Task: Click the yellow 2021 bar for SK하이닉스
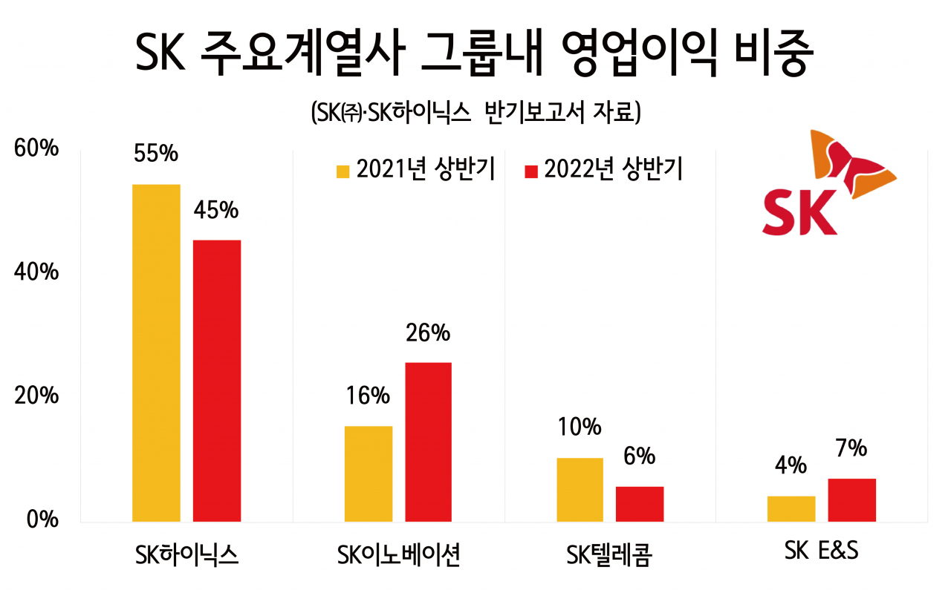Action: pyautogui.click(x=156, y=353)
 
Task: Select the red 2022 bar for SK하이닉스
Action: pyautogui.click(x=217, y=381)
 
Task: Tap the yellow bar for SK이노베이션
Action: pyautogui.click(x=369, y=473)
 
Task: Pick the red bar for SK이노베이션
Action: pyautogui.click(x=429, y=442)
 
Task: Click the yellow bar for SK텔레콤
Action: pyautogui.click(x=580, y=490)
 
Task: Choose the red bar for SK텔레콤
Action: pyautogui.click(x=640, y=504)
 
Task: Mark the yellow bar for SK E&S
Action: pyautogui.click(x=791, y=509)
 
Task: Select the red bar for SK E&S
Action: pyautogui.click(x=852, y=500)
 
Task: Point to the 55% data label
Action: pyautogui.click(x=156, y=153)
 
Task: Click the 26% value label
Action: pyautogui.click(x=428, y=332)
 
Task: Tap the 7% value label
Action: pyautogui.click(x=851, y=448)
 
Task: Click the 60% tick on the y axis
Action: pyautogui.click(x=36, y=148)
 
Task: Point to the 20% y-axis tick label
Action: pyautogui.click(x=36, y=396)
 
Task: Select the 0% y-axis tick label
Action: pyautogui.click(x=42, y=519)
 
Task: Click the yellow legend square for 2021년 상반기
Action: pyautogui.click(x=343, y=171)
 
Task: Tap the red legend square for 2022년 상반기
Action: pyautogui.click(x=531, y=171)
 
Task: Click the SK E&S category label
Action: pyautogui.click(x=822, y=551)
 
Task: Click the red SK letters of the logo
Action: pyautogui.click(x=799, y=212)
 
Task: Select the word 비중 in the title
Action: pyautogui.click(x=773, y=53)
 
